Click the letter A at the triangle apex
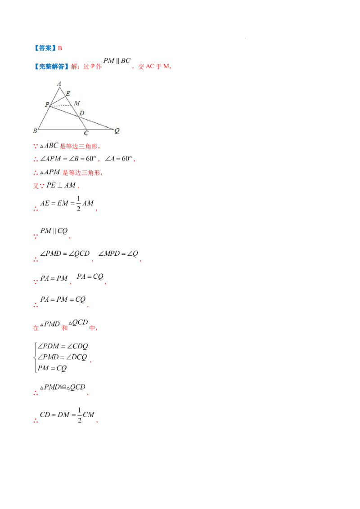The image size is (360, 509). [x=59, y=83]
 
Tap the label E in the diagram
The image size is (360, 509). [x=68, y=94]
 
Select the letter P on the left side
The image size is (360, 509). [x=47, y=104]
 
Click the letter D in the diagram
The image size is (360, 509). [x=81, y=113]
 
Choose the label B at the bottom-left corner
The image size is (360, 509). [x=35, y=131]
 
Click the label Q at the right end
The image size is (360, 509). [x=117, y=131]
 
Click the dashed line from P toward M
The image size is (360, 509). [x=61, y=106]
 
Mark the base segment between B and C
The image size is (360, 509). [x=62, y=129]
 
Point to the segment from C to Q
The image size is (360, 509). [x=100, y=129]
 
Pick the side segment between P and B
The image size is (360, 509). [x=44, y=118]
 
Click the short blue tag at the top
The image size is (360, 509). [x=45, y=47]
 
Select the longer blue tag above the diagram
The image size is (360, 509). [x=51, y=67]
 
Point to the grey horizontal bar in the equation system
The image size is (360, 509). [x=59, y=350]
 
